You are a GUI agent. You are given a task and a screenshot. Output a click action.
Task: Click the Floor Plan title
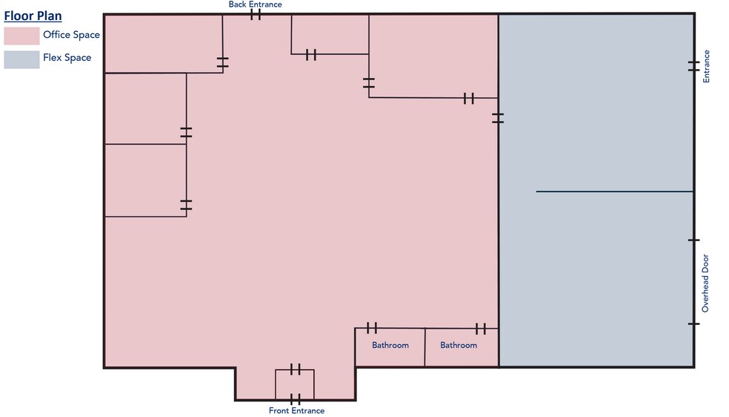(33, 16)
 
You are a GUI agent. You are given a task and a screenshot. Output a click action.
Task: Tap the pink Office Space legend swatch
(21, 36)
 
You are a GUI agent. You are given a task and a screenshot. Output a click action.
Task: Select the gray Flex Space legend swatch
(21, 59)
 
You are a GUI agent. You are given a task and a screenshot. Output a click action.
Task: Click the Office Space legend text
(71, 35)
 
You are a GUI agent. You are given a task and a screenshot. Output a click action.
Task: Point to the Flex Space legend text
(67, 58)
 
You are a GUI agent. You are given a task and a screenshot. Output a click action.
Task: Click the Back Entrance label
(255, 4)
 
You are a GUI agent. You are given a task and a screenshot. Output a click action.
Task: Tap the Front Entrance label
(296, 410)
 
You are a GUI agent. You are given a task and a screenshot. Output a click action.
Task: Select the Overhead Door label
(705, 283)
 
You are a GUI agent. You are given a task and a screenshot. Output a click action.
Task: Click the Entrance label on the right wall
(706, 66)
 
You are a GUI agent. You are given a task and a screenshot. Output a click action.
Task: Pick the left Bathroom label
(390, 345)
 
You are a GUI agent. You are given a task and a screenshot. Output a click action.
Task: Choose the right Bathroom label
(459, 345)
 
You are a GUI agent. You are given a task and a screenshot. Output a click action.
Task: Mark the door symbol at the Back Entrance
(256, 14)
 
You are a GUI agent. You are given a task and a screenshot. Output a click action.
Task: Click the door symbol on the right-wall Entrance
(693, 66)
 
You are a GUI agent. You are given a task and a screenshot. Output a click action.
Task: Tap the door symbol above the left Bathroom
(372, 328)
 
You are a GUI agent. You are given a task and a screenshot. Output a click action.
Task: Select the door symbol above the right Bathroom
(480, 328)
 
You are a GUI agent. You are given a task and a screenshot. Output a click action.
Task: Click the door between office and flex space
(498, 117)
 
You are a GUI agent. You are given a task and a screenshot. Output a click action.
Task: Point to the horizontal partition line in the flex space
(614, 191)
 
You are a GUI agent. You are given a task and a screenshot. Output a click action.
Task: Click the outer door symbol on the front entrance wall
(295, 399)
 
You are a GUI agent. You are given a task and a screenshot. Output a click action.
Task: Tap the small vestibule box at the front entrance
(295, 384)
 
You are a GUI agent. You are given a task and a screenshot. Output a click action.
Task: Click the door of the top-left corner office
(223, 62)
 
